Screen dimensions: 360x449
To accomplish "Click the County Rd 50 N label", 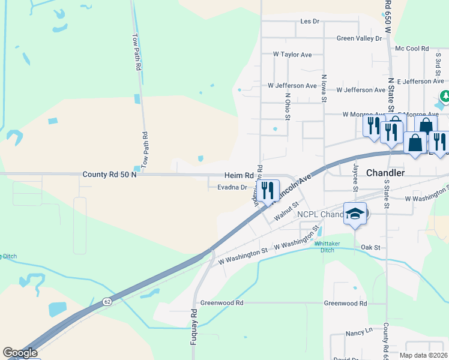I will coord(109,174).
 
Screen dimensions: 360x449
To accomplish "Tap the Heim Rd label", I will coord(239,175).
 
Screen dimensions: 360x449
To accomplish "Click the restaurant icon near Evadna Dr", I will coord(268,191).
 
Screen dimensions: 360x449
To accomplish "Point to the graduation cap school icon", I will coord(355,213).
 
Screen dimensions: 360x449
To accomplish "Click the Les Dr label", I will coord(309,22).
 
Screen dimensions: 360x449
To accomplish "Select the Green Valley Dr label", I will coord(359,38).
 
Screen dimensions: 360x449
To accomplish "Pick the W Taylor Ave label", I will coord(292,55).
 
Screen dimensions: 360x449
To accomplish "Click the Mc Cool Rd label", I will coord(412,49).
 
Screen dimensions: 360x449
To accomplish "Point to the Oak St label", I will coord(371,247).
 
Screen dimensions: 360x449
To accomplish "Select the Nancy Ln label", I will coord(359,332).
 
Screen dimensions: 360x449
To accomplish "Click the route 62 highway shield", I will coord(106,300).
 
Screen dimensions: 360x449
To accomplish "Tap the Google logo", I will coord(20,353).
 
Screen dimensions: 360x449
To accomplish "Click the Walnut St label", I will coord(286,212).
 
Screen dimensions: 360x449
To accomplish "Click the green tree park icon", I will coord(445,96).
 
